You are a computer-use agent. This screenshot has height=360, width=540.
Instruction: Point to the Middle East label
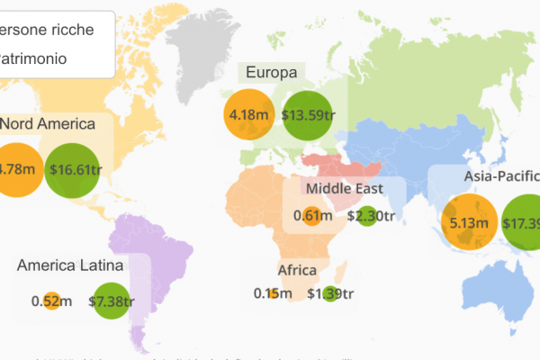coord(344,188)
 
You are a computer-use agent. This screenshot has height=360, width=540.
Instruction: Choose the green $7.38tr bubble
coord(112,301)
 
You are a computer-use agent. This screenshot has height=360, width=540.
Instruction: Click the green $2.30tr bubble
coord(366,216)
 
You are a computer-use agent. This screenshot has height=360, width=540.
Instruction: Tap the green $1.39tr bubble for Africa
coord(329,293)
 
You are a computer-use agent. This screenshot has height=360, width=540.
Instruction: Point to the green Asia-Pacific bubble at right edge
coord(522,222)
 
